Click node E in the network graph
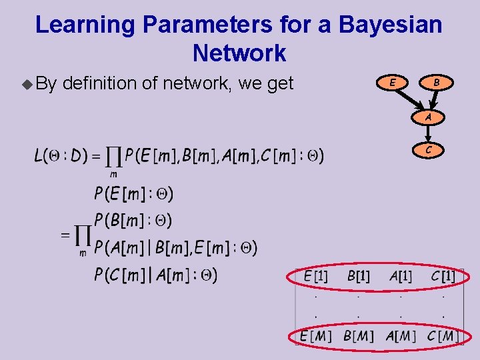(393, 83)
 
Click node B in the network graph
(436, 83)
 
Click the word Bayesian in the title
(390, 25)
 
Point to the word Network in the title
(239, 53)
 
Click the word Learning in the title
(85, 25)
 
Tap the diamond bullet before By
(26, 84)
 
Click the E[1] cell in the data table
(315, 276)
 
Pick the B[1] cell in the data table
(359, 276)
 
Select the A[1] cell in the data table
(401, 276)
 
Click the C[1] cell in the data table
(443, 276)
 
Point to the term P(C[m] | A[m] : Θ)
(155, 275)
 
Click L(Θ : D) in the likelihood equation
(61, 156)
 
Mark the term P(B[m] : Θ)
(133, 220)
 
